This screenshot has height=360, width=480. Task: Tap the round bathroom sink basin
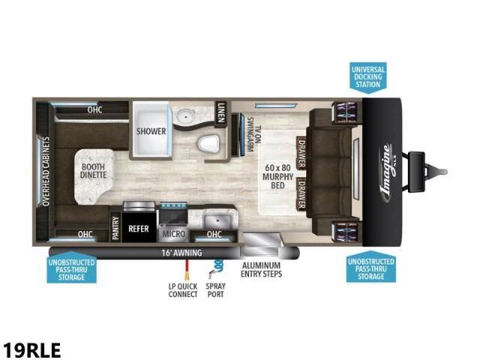click(x=184, y=116)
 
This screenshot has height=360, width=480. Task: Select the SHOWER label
click(x=151, y=131)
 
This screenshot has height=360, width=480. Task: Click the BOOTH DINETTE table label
click(x=93, y=171)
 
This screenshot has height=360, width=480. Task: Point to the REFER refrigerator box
click(x=139, y=226)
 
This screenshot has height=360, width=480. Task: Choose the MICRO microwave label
click(x=174, y=234)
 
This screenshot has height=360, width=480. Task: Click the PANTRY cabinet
click(x=115, y=228)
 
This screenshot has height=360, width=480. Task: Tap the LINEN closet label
click(x=221, y=112)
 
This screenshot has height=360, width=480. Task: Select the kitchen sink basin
click(x=217, y=221)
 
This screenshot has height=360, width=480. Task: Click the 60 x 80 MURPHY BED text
click(x=277, y=176)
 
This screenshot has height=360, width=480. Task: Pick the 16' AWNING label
click(x=181, y=253)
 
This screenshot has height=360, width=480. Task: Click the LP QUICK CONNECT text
click(x=183, y=290)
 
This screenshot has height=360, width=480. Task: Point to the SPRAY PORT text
click(x=215, y=290)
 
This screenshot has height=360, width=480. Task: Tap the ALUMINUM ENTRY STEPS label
click(x=261, y=270)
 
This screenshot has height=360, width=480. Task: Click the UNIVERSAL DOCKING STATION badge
click(x=368, y=77)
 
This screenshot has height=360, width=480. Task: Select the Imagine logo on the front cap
click(x=387, y=173)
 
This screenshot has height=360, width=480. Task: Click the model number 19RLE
click(x=31, y=350)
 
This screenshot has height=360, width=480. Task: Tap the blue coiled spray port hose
click(x=218, y=265)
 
